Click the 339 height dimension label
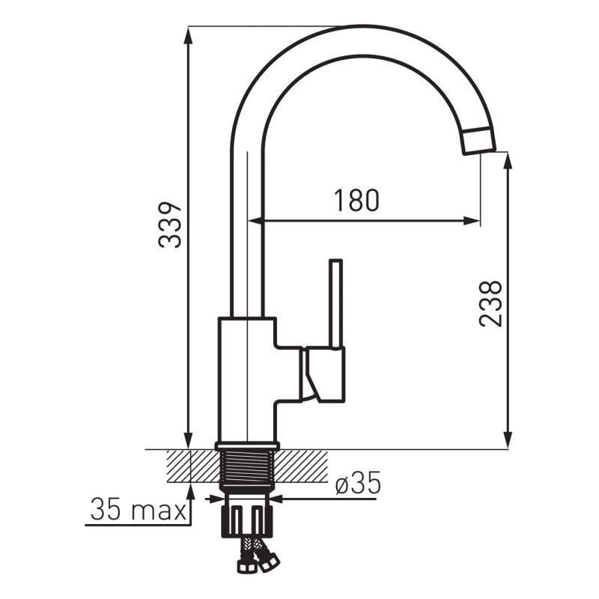tap(170, 225)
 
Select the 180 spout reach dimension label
tap(357, 200)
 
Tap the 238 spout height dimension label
tap(490, 304)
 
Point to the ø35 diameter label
tap(358, 482)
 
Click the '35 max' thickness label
tap(139, 509)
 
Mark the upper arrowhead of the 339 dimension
tap(188, 37)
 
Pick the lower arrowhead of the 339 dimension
tap(188, 440)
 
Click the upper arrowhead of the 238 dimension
tap(508, 162)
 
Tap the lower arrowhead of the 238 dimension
tap(508, 440)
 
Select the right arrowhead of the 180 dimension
tap(470, 220)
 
